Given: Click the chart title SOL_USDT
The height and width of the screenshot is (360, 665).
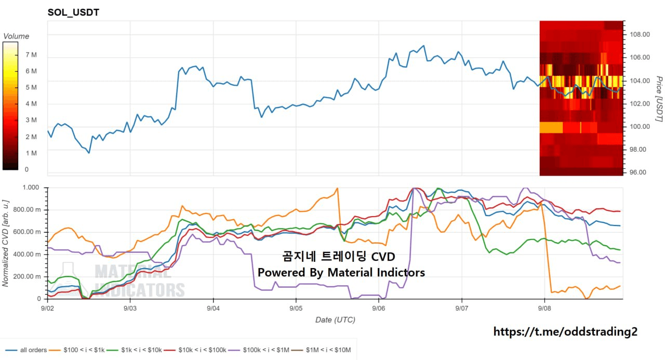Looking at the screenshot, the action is click(x=73, y=12).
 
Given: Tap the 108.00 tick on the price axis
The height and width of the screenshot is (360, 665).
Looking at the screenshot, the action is click(x=640, y=34).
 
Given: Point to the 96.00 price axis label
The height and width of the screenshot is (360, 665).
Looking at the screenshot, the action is click(x=638, y=172).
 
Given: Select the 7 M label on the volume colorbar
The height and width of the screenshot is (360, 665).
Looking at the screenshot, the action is click(x=31, y=55).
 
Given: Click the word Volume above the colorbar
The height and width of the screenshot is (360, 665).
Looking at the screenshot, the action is click(x=16, y=36).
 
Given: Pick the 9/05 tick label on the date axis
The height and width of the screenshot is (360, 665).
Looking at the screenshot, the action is click(x=296, y=309).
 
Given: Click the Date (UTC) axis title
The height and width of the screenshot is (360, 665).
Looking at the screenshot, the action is click(x=335, y=319).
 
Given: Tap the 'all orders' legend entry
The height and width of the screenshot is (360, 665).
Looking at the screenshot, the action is click(x=26, y=350).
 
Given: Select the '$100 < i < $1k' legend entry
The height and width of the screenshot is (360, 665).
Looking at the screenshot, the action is click(x=76, y=350).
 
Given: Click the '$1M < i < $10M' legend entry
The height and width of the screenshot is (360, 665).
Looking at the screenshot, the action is click(x=321, y=350).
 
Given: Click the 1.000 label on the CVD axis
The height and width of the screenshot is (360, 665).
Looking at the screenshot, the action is click(x=31, y=187).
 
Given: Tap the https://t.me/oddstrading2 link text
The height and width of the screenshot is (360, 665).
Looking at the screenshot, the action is click(x=565, y=331).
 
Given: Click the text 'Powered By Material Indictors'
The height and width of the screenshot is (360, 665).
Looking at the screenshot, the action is click(x=341, y=272).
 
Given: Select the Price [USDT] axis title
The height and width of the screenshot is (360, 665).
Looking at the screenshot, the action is click(x=659, y=99).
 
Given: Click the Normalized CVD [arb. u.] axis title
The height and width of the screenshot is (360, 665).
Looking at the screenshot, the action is click(x=5, y=243).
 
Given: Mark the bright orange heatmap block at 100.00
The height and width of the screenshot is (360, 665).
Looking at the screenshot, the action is click(x=551, y=128).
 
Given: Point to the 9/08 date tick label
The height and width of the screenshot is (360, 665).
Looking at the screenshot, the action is click(x=544, y=309).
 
